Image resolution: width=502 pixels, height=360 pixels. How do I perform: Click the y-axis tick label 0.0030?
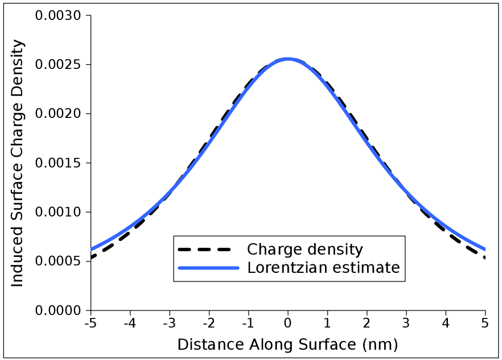click(x=59, y=15)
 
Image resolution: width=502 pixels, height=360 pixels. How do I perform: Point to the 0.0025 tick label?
click(x=59, y=64)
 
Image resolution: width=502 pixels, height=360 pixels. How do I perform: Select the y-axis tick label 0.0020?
click(x=59, y=114)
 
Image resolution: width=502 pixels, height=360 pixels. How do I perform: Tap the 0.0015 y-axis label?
click(x=59, y=163)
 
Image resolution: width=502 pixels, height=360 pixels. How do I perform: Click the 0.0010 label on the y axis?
click(x=59, y=212)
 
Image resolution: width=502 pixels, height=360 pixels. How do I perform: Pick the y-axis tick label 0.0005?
click(x=59, y=261)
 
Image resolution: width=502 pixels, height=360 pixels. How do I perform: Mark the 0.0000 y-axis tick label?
click(x=59, y=311)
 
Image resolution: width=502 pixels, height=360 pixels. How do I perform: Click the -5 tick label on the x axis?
click(x=89, y=324)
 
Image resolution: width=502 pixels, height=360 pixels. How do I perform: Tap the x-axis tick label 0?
click(x=288, y=324)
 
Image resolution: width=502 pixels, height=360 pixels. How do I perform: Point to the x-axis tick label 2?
click(x=367, y=324)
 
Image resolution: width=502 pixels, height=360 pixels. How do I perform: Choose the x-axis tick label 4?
click(x=446, y=324)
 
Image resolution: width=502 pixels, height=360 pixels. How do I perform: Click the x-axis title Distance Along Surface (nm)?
click(x=287, y=345)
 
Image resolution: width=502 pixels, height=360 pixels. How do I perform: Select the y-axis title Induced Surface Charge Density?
click(x=18, y=163)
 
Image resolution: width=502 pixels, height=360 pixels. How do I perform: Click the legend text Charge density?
click(x=305, y=249)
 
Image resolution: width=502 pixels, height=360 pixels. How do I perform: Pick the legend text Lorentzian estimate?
click(x=324, y=267)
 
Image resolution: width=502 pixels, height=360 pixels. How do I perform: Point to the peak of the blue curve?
click(x=288, y=59)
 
